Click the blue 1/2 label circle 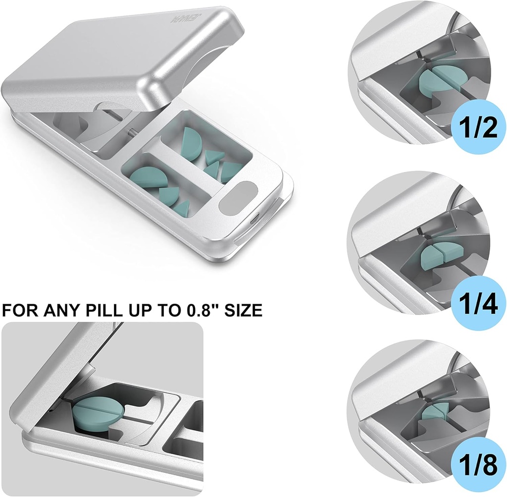[475, 128]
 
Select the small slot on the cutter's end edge [254, 219]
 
